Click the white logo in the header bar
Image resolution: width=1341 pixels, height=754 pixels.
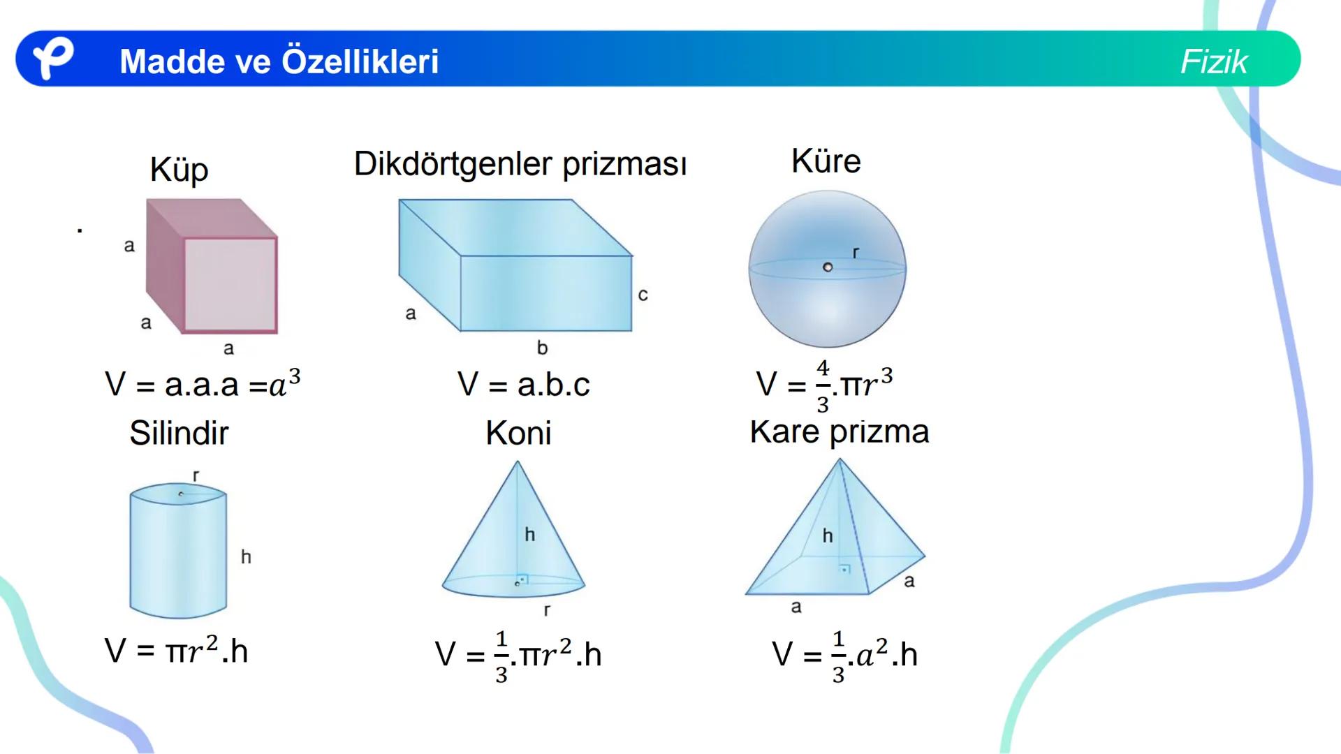tap(53, 59)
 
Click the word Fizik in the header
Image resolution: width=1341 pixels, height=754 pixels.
tap(1213, 61)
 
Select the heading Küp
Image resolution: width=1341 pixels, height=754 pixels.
tap(179, 170)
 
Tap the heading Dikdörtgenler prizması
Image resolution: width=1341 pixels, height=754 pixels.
tap(520, 165)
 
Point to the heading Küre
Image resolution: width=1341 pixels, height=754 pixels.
tap(826, 161)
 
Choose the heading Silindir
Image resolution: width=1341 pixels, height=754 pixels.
tap(179, 433)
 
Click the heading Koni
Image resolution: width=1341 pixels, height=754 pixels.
tap(518, 433)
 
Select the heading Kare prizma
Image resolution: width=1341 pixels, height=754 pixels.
tap(839, 431)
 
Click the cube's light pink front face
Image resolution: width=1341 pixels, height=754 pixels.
tap(230, 285)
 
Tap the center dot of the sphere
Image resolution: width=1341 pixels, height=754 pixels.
tap(828, 267)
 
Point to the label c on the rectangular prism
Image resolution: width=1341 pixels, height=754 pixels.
tap(643, 295)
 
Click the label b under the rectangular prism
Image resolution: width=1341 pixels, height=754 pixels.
tap(542, 347)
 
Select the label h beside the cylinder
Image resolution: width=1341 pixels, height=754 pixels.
tap(246, 556)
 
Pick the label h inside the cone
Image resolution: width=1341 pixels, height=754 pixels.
tap(529, 535)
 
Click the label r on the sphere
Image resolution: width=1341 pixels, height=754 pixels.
tap(856, 253)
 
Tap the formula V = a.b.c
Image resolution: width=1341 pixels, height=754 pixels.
tap(523, 385)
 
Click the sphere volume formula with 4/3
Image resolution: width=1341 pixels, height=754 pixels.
tap(824, 385)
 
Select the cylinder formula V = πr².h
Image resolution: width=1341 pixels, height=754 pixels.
tap(176, 651)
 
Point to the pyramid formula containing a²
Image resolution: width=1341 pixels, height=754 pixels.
tap(844, 655)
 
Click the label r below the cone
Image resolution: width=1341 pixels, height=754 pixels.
tap(547, 610)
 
